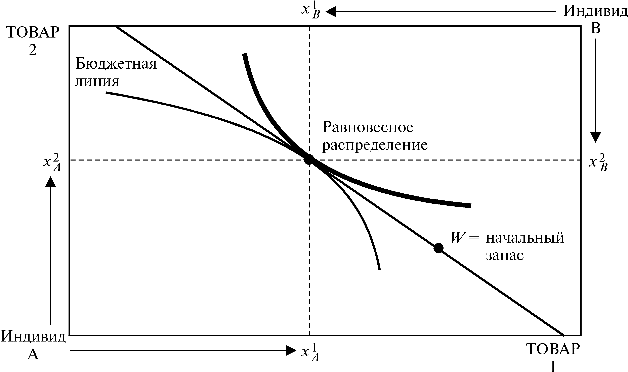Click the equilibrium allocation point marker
pyautogui.click(x=309, y=160)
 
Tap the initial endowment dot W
pyautogui.click(x=438, y=248)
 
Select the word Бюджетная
pyautogui.click(x=116, y=64)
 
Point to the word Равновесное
pyautogui.click(x=368, y=127)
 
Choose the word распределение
pyautogui.click(x=375, y=145)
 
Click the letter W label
pyautogui.click(x=457, y=237)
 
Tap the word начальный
pyautogui.click(x=525, y=238)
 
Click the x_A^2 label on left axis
pyautogui.click(x=52, y=163)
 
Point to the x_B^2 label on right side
pyautogui.click(x=598, y=163)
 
